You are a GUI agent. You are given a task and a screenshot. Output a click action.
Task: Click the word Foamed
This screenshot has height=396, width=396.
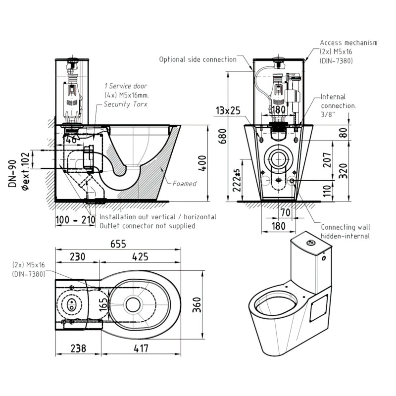(184, 184)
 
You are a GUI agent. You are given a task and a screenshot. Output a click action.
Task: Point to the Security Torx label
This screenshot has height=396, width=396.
(125, 104)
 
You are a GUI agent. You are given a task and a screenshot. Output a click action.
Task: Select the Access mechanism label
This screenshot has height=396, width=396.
(348, 43)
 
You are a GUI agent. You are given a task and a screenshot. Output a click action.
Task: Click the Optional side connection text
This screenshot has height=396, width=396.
(198, 59)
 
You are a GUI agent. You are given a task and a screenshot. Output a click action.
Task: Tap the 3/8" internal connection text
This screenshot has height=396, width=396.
(327, 115)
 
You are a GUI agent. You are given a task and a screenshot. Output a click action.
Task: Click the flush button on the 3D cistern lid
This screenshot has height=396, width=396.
(311, 242)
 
